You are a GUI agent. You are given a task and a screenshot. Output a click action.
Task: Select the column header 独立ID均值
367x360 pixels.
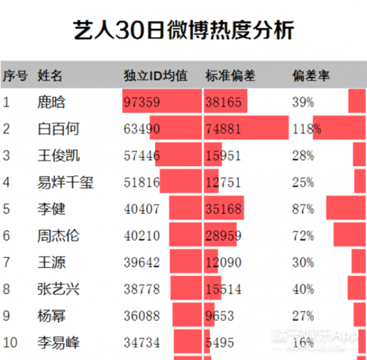point(155,76)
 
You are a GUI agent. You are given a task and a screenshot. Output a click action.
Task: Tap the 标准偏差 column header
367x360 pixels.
point(230,76)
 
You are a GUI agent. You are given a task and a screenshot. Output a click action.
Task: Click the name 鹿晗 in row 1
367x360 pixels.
point(51,103)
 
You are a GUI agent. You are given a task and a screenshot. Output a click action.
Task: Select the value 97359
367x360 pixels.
point(142,103)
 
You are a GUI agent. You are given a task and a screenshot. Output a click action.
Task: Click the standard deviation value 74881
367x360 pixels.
point(223,129)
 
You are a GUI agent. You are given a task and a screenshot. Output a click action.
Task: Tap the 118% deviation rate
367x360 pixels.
point(306,129)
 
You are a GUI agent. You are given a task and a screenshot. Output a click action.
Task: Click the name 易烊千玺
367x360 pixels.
point(65,183)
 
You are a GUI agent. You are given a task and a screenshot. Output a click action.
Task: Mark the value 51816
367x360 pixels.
point(142,183)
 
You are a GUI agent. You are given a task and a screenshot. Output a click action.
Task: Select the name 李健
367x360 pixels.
point(51,209)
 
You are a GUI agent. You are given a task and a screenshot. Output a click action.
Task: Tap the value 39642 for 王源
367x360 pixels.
point(142,263)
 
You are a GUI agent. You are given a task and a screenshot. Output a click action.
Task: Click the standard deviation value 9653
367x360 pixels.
point(220,316)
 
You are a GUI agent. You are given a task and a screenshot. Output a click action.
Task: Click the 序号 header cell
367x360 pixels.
point(15,76)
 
